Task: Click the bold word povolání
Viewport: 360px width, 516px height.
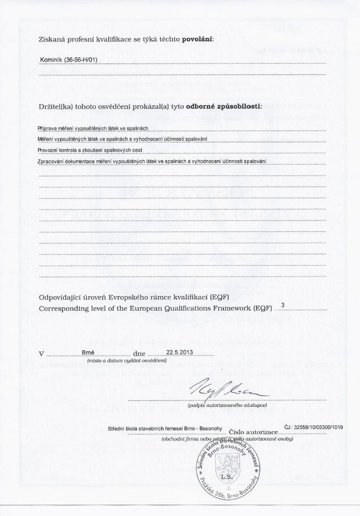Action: coord(198,39)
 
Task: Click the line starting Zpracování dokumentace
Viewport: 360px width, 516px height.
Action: coord(152,161)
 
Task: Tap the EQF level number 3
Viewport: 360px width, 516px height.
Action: coord(282,306)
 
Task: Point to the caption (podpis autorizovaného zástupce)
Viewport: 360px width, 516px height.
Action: coord(227,405)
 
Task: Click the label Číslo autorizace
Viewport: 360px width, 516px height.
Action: coord(253,429)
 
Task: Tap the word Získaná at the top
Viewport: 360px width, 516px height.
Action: coord(49,39)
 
